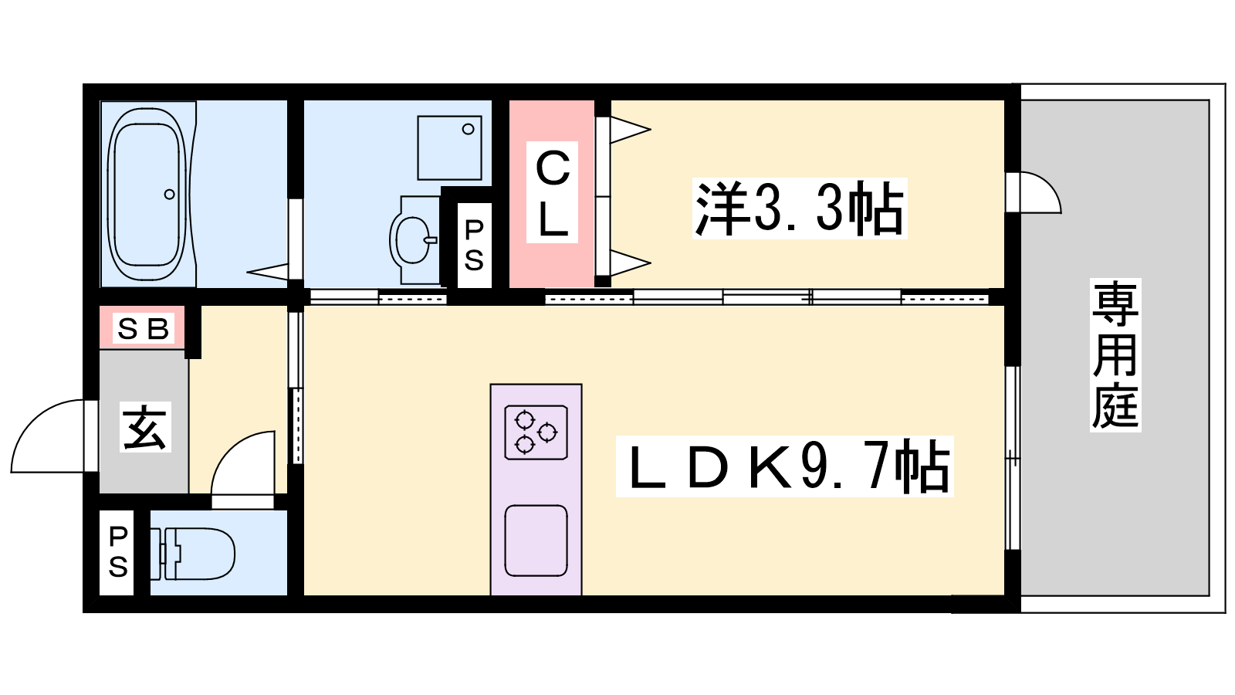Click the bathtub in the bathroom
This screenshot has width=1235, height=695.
[x=149, y=194]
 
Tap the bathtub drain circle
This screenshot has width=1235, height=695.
[x=170, y=194]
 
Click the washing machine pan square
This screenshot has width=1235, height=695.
[x=450, y=147]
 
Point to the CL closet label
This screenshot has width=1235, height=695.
[x=552, y=192]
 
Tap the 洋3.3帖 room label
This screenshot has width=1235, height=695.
[x=800, y=208]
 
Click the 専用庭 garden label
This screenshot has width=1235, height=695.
[x=1115, y=354]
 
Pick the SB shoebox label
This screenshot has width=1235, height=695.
[x=144, y=329]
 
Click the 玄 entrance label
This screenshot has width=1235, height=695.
[x=144, y=427]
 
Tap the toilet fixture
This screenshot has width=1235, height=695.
[x=193, y=554]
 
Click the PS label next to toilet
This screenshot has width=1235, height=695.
[x=118, y=552]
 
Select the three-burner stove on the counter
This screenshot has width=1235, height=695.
[x=536, y=432]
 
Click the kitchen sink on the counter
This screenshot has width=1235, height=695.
[x=536, y=541]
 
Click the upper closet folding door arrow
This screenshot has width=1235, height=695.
[x=630, y=131]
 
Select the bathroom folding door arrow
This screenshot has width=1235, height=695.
[x=267, y=271]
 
